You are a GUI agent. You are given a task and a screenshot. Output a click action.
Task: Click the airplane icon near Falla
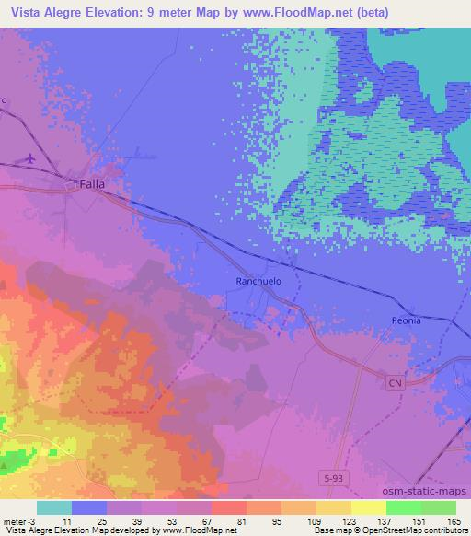[x=30, y=158]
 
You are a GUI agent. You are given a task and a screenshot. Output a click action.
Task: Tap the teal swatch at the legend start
[x=54, y=507]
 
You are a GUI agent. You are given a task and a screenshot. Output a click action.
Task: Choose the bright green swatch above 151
[x=403, y=507]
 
